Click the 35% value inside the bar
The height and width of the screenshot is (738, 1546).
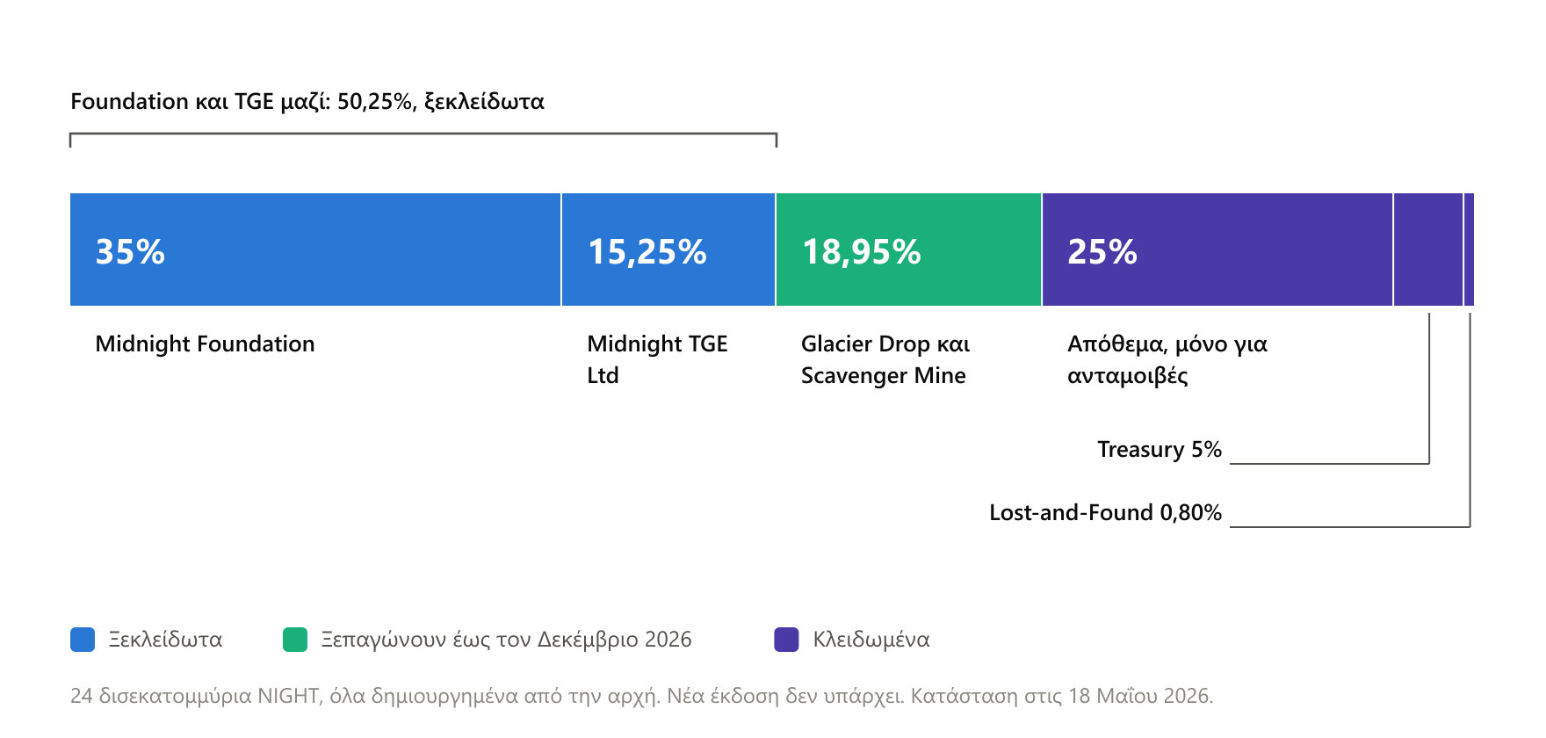point(130,252)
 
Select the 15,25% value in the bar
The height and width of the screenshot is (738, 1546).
point(647,252)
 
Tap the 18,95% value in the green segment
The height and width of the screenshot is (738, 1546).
point(861,252)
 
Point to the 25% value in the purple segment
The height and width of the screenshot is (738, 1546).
point(1102,252)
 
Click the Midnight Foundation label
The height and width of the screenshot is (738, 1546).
point(205,344)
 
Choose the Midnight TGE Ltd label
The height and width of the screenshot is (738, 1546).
point(657,359)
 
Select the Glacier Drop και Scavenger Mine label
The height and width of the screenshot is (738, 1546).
point(885,359)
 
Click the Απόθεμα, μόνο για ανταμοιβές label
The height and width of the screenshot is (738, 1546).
point(1167,359)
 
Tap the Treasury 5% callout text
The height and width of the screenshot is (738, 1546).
point(1159,449)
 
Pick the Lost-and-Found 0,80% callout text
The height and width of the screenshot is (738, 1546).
point(1105,512)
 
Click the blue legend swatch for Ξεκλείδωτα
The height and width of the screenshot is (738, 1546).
point(83,640)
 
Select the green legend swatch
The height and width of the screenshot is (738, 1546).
point(295,640)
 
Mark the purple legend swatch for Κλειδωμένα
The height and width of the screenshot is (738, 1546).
point(786,640)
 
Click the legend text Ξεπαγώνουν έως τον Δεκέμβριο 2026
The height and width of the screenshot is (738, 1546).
point(506,640)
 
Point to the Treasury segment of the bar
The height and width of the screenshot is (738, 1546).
point(1428,250)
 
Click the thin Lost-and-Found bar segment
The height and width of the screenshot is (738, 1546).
point(1470,250)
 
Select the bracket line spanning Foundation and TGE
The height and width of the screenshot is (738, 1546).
point(423,134)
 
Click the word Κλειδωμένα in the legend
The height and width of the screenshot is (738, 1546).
point(871,640)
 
